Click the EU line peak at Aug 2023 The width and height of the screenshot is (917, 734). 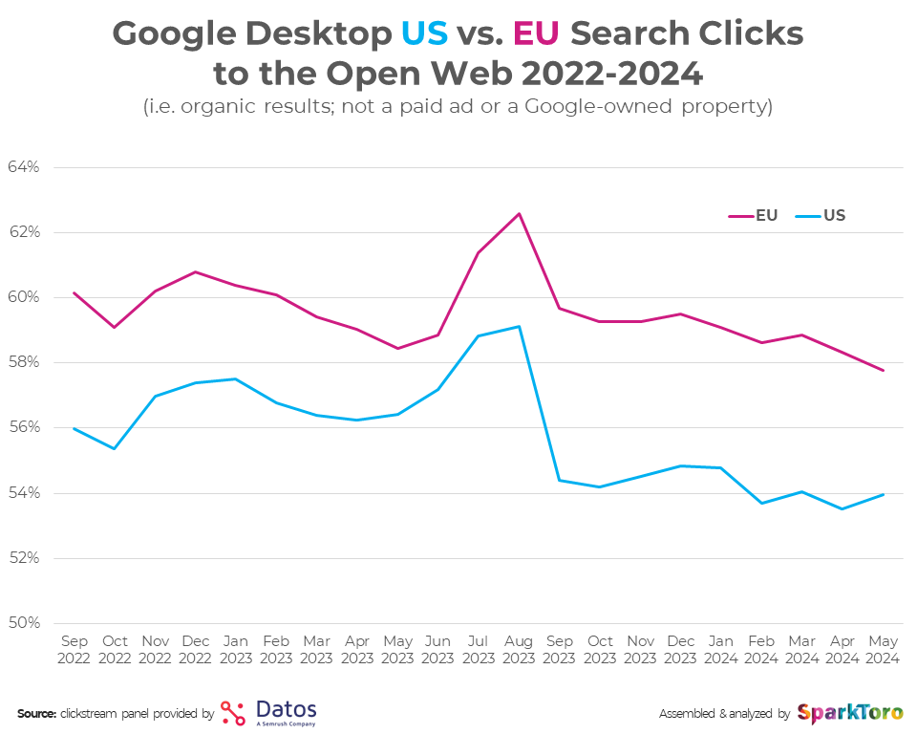[x=519, y=213]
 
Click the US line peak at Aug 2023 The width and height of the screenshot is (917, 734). [x=519, y=327]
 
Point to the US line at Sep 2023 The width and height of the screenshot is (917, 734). [x=559, y=480]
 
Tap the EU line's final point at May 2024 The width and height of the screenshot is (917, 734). [x=883, y=370]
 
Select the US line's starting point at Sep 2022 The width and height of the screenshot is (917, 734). [x=74, y=428]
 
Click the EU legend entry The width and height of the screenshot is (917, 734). [x=754, y=216]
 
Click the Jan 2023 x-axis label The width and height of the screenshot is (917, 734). [x=236, y=650]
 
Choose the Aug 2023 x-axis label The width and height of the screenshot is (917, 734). [x=519, y=650]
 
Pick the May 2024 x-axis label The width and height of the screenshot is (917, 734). [x=883, y=650]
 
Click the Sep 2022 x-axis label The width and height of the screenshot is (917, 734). [x=74, y=650]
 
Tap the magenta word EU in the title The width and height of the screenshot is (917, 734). [x=535, y=33]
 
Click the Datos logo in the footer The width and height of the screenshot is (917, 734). [x=268, y=713]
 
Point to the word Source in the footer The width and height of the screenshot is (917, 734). [x=36, y=714]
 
